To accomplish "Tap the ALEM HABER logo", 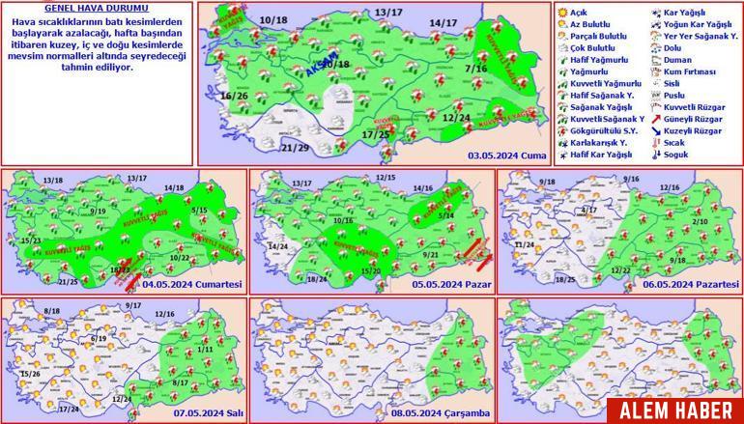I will pyautogui.click(x=681, y=410).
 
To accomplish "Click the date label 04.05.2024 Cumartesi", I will pyautogui.click(x=191, y=285).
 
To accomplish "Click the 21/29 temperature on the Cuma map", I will pyautogui.click(x=269, y=147).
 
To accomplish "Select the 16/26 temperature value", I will pyautogui.click(x=235, y=97).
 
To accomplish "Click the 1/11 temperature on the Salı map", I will pyautogui.click(x=203, y=348).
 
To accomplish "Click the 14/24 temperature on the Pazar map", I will pyautogui.click(x=278, y=246).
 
